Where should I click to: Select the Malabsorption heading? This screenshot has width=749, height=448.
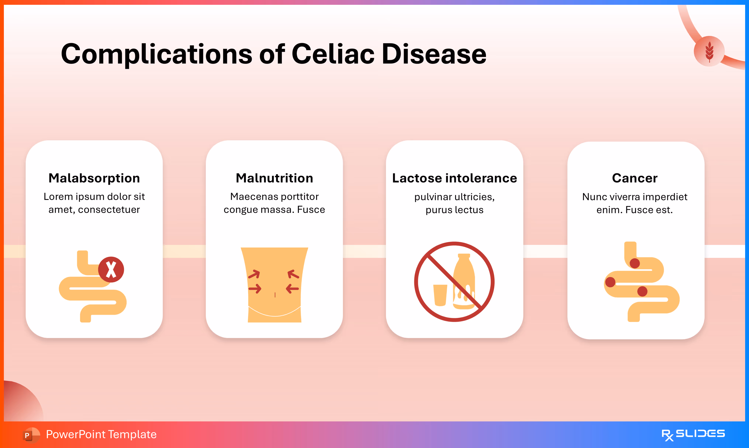(x=94, y=178)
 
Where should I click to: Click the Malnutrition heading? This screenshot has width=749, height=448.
(x=274, y=178)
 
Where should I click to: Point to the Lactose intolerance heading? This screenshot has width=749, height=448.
(x=455, y=178)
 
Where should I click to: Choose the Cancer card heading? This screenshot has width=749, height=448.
(x=635, y=178)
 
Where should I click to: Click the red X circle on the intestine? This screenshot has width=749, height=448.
(x=111, y=269)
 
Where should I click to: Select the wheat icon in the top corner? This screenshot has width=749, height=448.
(x=709, y=51)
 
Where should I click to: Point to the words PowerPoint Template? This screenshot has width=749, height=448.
(x=101, y=434)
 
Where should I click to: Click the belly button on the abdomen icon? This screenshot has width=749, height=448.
(x=275, y=295)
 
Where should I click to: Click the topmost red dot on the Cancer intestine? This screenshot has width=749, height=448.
(x=635, y=263)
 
